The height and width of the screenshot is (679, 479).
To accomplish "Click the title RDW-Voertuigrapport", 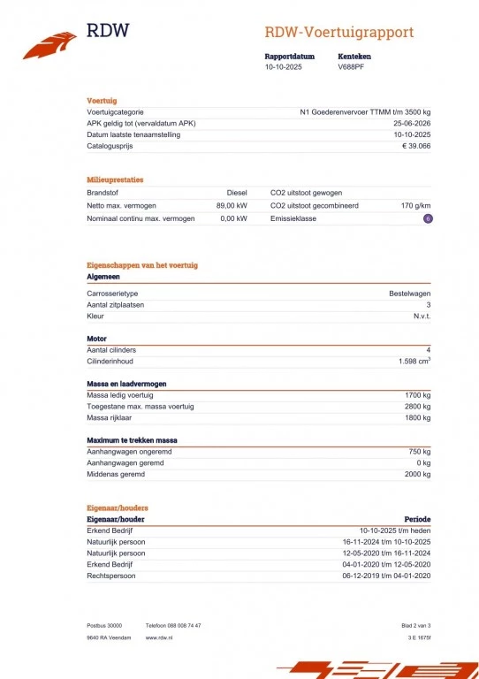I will tap(338, 33).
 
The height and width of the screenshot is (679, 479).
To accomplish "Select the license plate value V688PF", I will tap(352, 66).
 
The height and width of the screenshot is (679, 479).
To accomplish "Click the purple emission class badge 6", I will tap(428, 217).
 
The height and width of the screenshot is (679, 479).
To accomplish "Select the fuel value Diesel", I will tap(236, 192).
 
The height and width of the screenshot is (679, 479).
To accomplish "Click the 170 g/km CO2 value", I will tap(415, 204).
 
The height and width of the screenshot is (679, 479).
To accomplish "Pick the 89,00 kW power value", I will tap(232, 204).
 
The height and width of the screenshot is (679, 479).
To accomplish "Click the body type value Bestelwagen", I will tap(410, 293).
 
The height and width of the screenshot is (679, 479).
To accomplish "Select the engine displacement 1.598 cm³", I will tap(414, 362).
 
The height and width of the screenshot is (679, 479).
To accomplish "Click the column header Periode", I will tap(417, 519).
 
